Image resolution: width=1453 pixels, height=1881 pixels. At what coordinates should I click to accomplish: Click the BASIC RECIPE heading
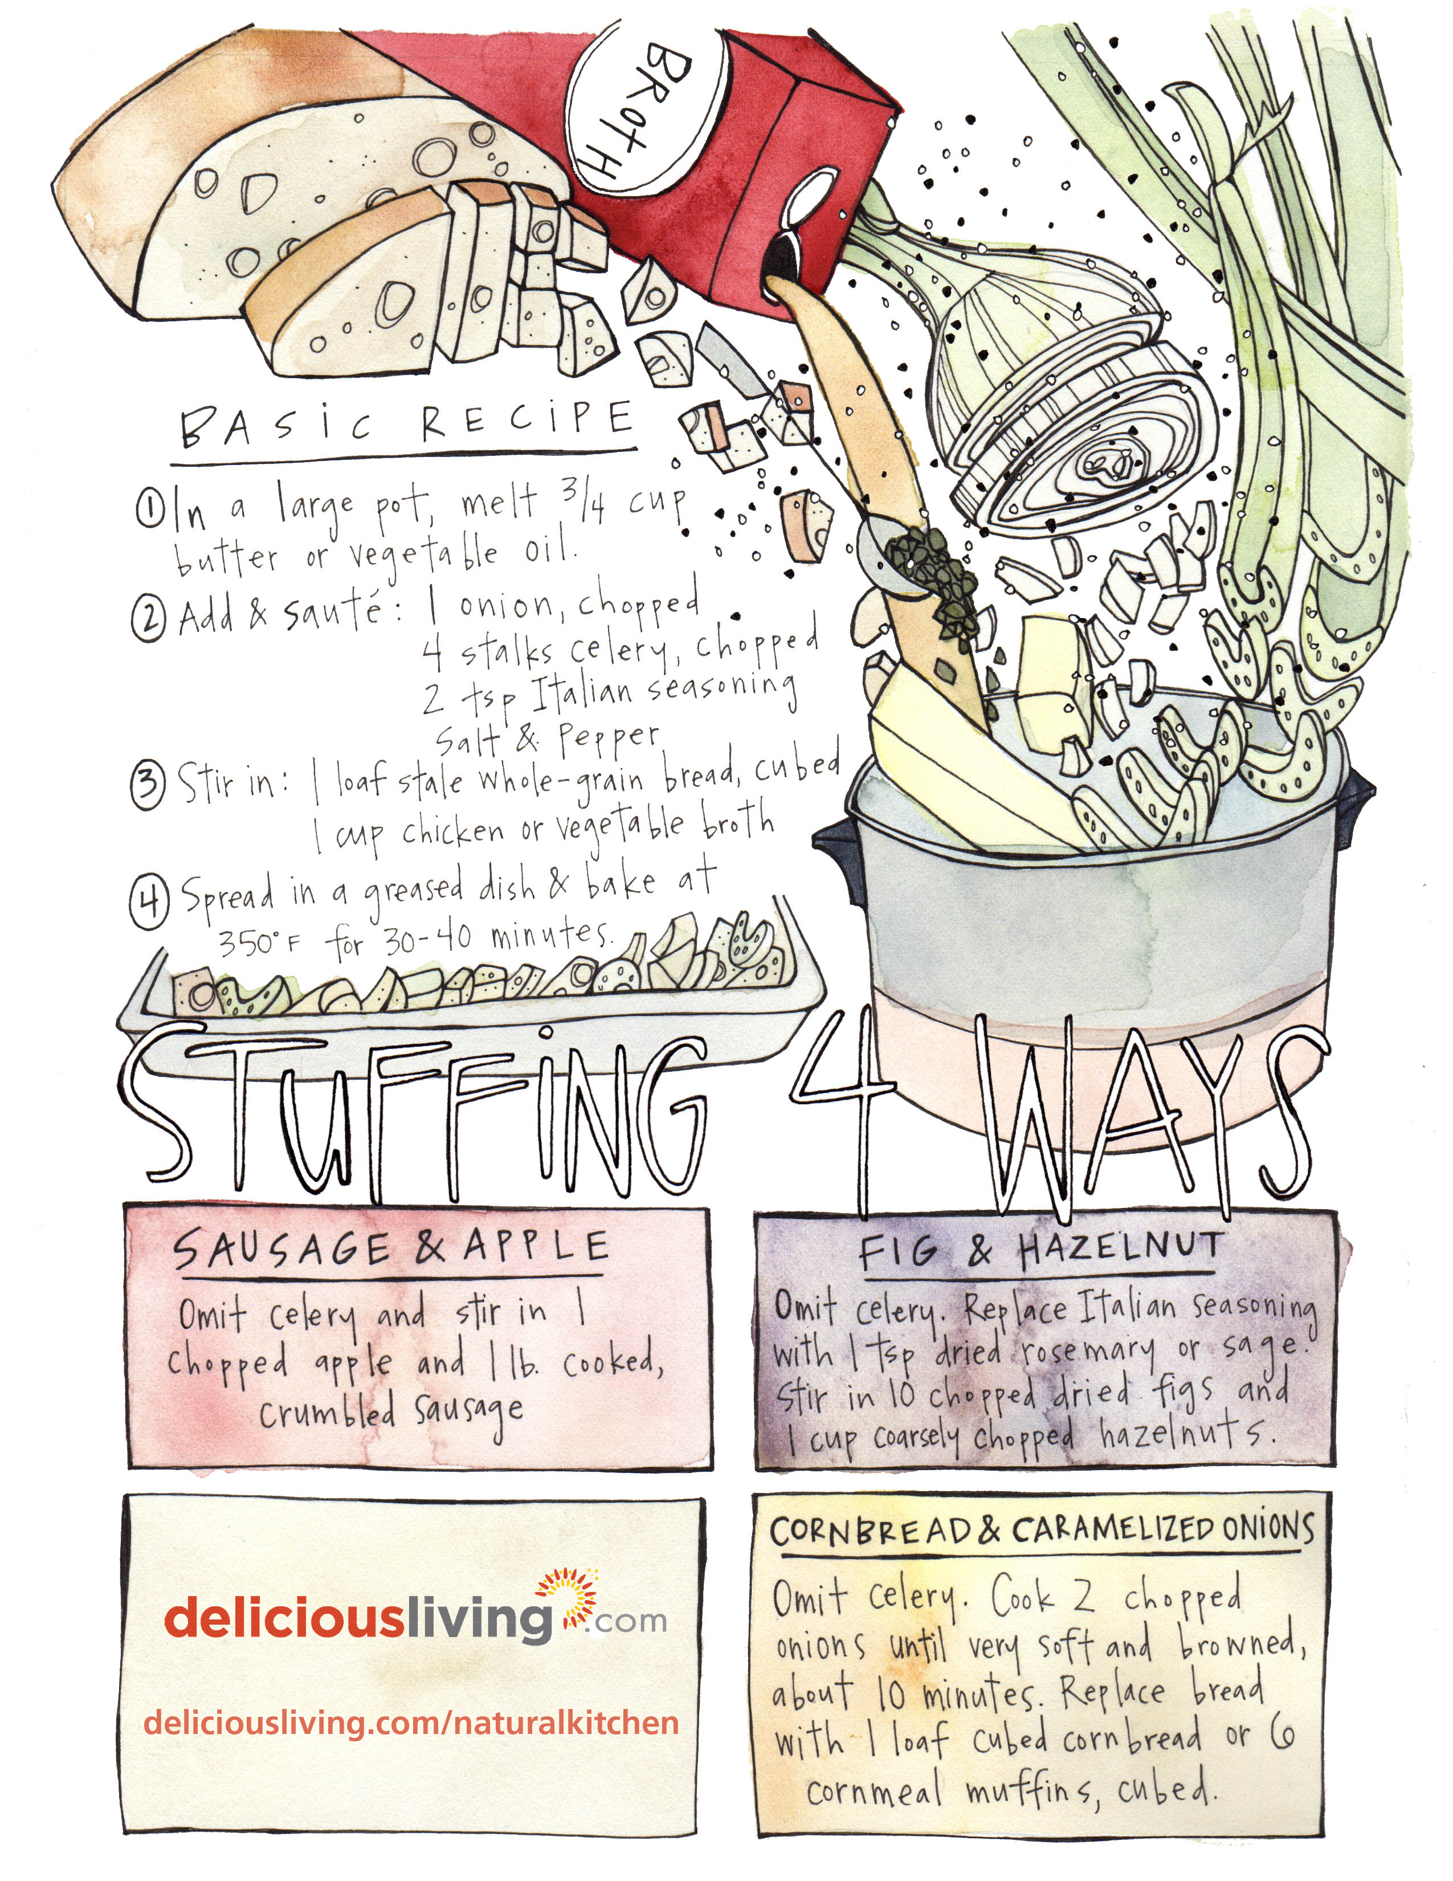click(406, 423)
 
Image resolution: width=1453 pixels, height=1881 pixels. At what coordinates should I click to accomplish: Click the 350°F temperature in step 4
click(259, 943)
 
